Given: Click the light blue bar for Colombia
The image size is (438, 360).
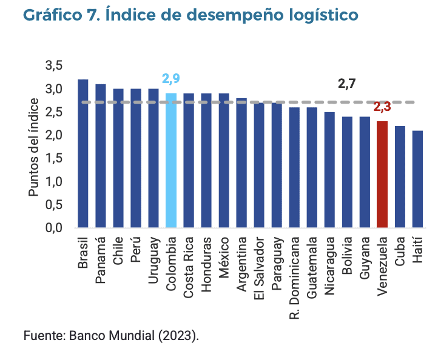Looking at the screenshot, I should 171,161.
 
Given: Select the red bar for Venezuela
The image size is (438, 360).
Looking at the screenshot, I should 382,175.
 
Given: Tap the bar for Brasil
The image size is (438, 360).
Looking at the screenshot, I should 83,154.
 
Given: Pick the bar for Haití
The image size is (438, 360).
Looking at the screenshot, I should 417,179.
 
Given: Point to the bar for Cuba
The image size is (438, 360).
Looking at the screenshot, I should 400,177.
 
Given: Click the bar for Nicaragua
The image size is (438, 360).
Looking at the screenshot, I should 329,170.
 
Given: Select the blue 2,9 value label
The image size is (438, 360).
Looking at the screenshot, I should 170,79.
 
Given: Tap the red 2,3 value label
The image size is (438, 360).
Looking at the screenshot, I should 382,107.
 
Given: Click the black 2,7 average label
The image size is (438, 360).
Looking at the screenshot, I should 346,84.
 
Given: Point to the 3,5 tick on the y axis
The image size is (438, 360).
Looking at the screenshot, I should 54,65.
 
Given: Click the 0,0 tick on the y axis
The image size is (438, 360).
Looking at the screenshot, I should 54,228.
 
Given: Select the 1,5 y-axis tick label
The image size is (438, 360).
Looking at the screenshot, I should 54,158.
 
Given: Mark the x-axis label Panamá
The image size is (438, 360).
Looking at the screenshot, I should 101,255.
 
